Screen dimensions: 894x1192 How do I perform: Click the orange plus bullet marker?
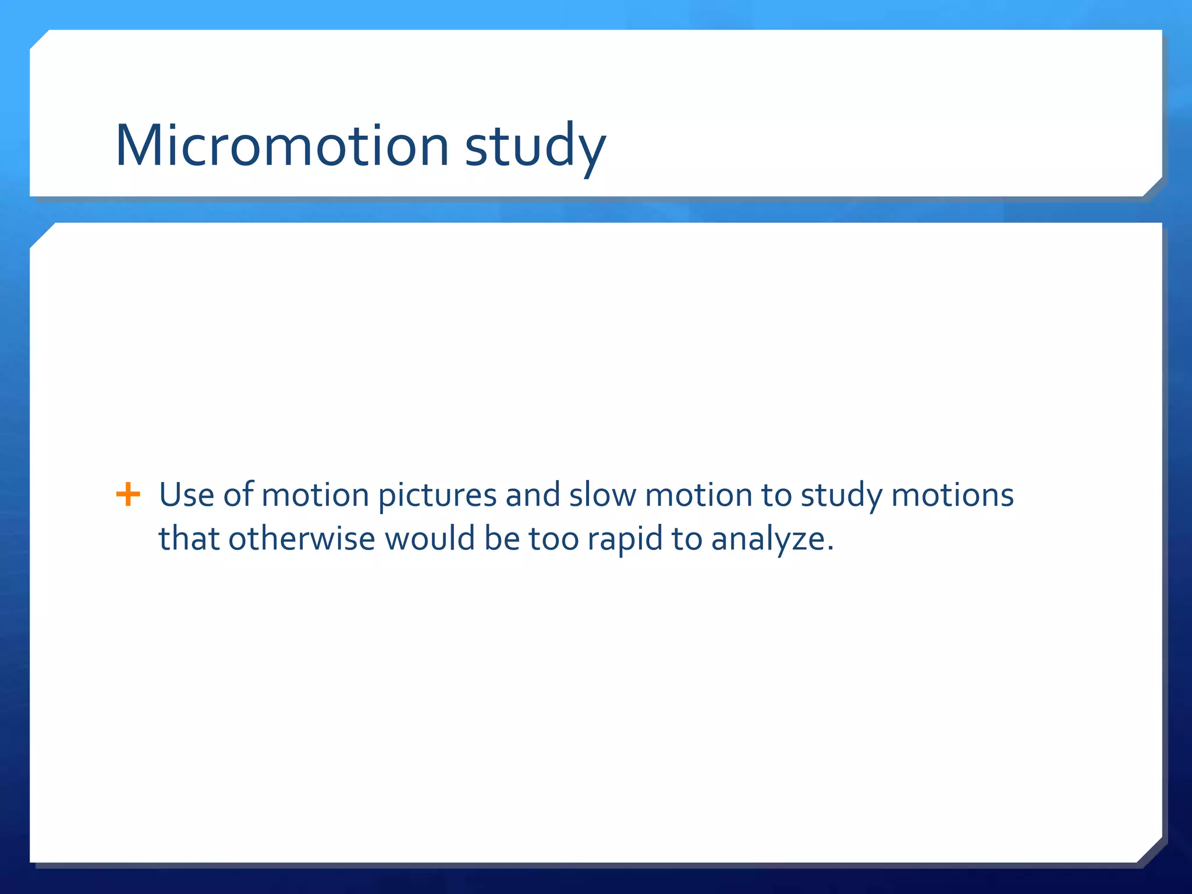tap(128, 495)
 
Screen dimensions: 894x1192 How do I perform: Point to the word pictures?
tap(437, 496)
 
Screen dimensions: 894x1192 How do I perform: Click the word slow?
tap(602, 495)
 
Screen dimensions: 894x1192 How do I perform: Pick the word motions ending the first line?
tap(952, 495)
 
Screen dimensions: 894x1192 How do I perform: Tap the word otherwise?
tap(301, 539)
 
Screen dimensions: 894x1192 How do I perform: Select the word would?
tap(430, 539)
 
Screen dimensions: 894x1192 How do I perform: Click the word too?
tap(554, 539)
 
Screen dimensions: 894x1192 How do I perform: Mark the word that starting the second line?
tap(189, 539)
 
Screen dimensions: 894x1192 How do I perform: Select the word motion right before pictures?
tap(315, 495)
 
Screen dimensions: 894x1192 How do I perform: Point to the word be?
tap(502, 539)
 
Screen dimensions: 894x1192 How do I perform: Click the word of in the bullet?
tap(238, 495)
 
